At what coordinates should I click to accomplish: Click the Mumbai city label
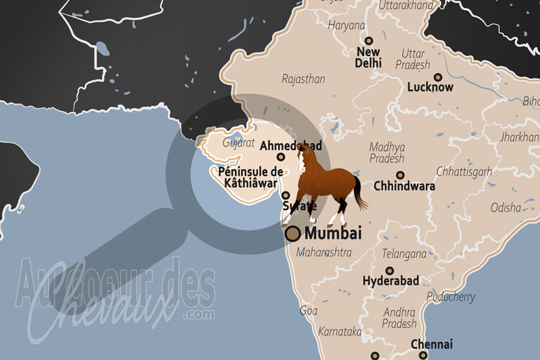coord(333,234)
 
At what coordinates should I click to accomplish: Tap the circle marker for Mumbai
coord(293,234)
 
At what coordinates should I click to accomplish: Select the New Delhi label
coord(369,57)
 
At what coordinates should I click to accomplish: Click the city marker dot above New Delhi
coord(369,41)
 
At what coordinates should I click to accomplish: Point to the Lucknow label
coord(430,87)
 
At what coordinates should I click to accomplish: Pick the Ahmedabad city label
coord(290,145)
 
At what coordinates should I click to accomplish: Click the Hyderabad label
coord(391,280)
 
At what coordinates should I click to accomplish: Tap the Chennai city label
coord(431,344)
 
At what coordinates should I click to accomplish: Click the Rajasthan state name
coord(303,79)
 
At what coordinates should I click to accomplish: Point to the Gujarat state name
coord(238,143)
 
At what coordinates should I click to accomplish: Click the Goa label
coord(308,311)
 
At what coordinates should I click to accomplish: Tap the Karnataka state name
coord(340,332)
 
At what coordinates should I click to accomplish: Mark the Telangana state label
coord(404,254)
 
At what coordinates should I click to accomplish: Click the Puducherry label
coord(452,297)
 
